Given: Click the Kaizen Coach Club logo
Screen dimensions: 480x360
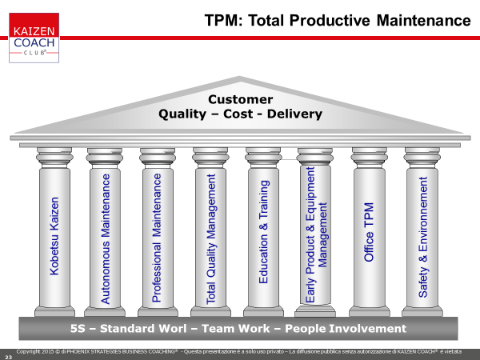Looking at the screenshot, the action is (34, 38).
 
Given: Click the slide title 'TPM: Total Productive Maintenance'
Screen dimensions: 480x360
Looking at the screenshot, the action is (338, 21).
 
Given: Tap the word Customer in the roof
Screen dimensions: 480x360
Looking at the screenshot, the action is (240, 99).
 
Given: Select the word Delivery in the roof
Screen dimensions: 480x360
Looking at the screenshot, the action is (294, 114).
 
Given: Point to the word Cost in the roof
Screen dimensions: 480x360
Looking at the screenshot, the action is (238, 114).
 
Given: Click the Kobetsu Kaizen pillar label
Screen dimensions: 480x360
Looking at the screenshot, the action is (54, 236).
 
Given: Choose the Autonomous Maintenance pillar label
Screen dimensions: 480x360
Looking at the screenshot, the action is (106, 238).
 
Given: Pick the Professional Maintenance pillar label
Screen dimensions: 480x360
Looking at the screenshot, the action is (157, 238).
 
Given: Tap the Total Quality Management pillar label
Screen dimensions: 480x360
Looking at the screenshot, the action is (211, 239).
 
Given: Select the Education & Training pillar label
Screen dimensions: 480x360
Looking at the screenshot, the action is (263, 232).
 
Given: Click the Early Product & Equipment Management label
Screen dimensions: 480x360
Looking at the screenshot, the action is (316, 234).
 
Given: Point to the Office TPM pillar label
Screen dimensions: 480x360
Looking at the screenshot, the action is (369, 232).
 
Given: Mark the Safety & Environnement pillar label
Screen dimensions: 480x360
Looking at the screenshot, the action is (422, 238).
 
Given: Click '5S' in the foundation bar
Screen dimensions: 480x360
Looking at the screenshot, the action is (78, 329).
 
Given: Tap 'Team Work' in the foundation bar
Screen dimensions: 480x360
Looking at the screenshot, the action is (236, 329).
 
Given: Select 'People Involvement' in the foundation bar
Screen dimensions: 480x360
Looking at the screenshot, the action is (346, 329).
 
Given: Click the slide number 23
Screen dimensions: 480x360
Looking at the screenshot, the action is (8, 357).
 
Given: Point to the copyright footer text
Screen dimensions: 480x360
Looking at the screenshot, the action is (238, 352).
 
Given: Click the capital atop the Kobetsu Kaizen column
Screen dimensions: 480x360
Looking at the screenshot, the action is (54, 158).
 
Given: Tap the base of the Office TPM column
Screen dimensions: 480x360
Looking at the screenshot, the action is (370, 311).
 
